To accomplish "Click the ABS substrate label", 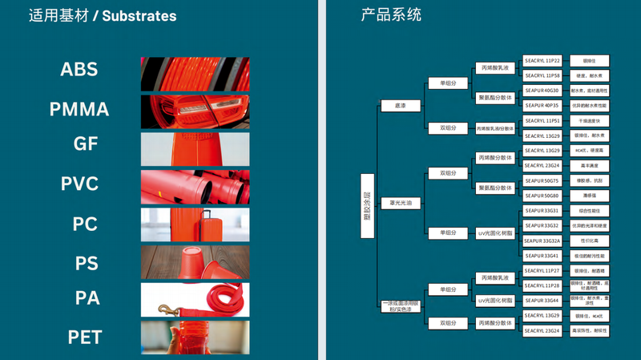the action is point(79,70).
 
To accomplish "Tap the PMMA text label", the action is point(79,109).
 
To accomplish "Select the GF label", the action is point(86,144).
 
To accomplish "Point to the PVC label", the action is point(79,184).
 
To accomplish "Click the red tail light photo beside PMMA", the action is point(195,111).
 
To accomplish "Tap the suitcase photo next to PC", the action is point(195,224).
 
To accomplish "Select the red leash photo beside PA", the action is point(195,300).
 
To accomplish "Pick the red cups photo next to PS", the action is point(195,262).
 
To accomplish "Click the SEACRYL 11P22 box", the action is point(542,60).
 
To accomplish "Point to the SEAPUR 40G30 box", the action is point(542,91).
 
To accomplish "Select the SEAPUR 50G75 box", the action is point(542,180).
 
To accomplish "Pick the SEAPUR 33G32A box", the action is point(542,241).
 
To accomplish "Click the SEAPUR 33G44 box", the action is point(542,301).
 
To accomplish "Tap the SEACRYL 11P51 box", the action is point(542,120).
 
